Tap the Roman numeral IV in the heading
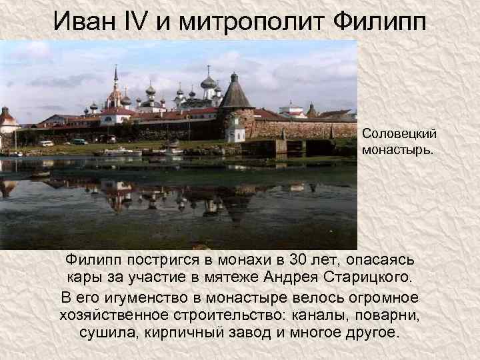[139, 23]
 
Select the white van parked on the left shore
[45, 143]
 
